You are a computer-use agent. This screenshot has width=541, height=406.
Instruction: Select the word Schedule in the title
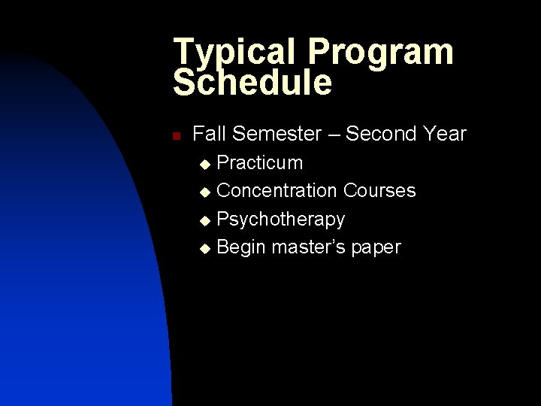(x=252, y=83)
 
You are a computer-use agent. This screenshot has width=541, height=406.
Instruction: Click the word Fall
(x=210, y=134)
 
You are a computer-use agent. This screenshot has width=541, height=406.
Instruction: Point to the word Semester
(x=277, y=134)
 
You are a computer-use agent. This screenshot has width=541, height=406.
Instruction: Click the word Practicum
(x=260, y=163)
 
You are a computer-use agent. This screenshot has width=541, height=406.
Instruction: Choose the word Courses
(x=379, y=191)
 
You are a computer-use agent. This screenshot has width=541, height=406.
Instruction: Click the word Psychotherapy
(x=281, y=220)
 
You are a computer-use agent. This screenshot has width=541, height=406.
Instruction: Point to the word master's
(x=308, y=247)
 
